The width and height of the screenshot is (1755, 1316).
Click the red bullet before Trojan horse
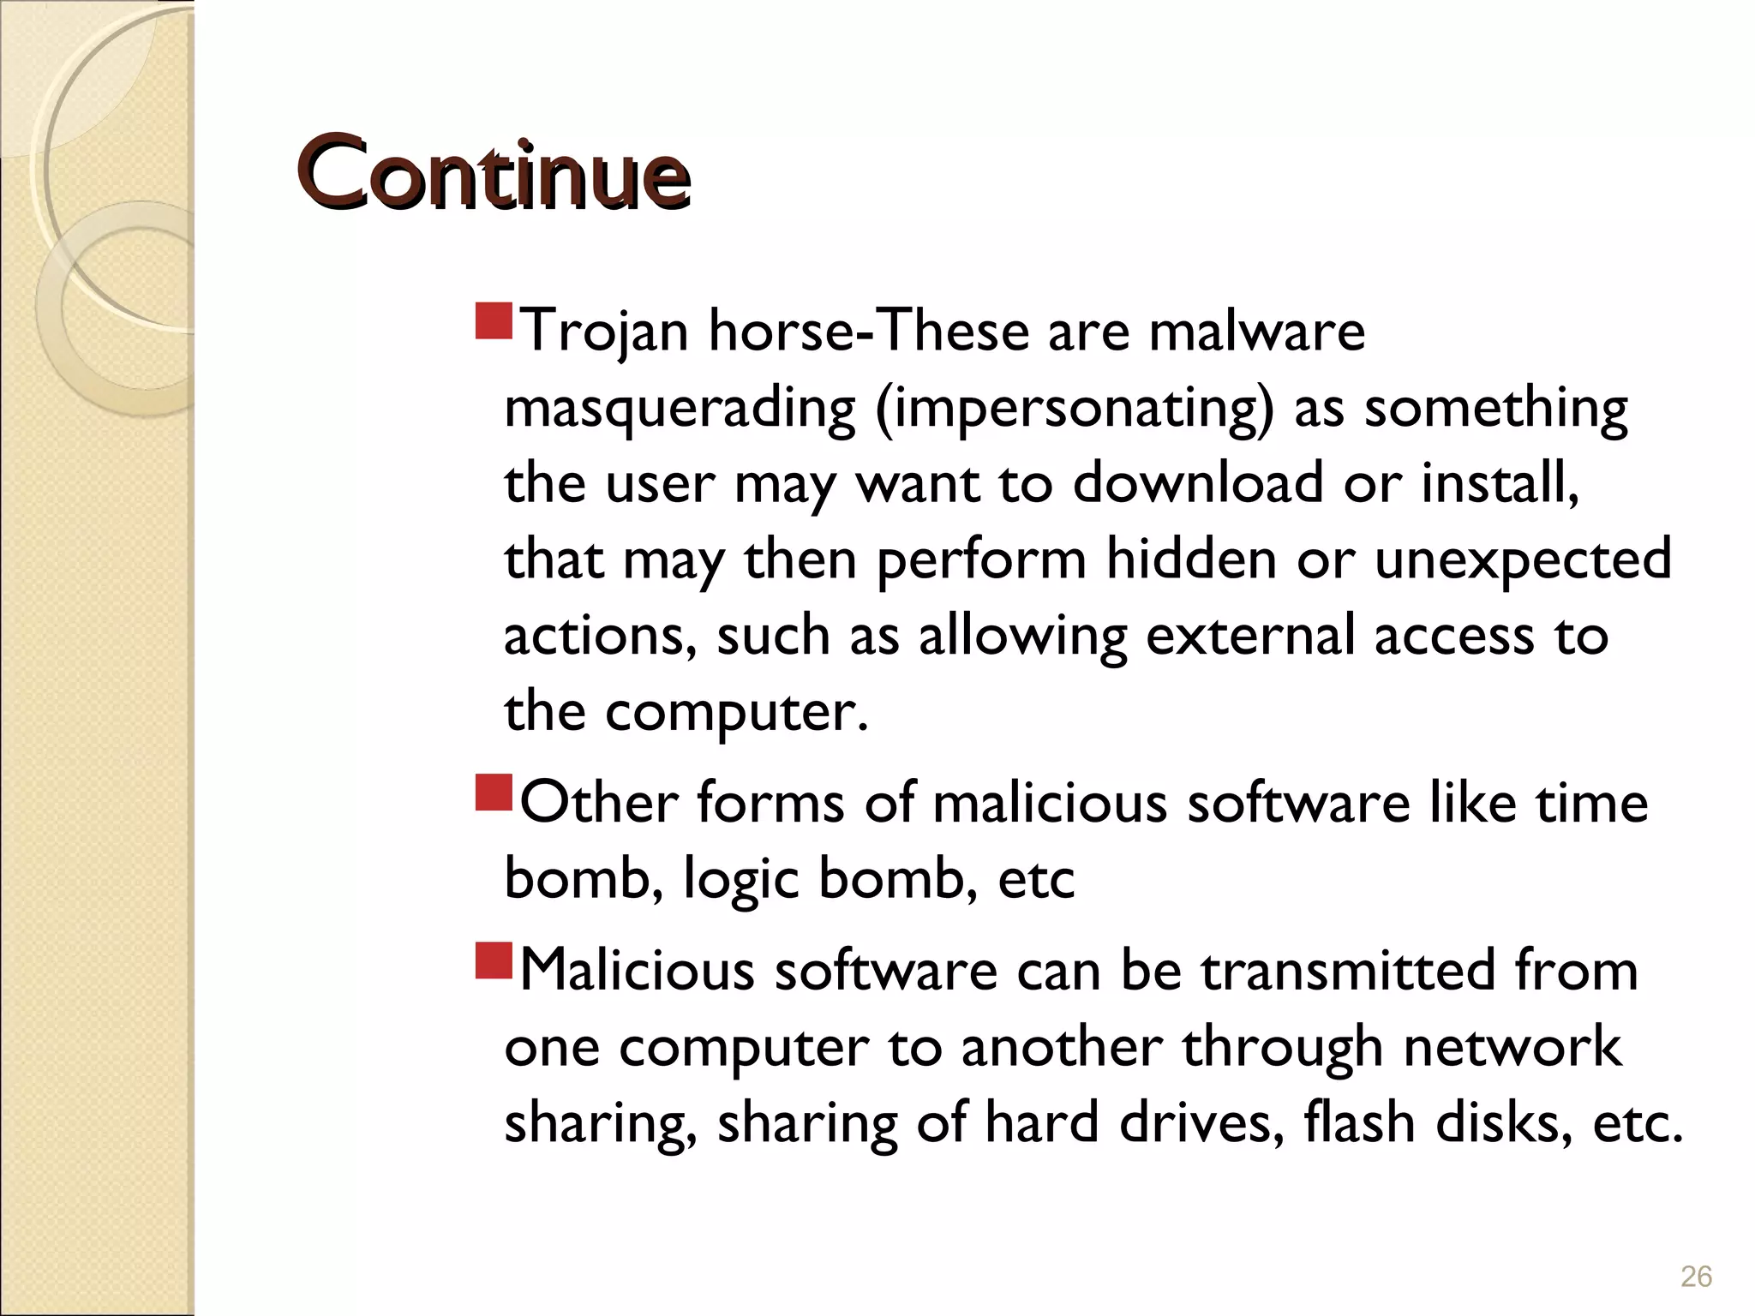[493, 320]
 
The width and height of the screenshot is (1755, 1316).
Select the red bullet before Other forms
[493, 793]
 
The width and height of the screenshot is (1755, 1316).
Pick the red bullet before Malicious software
[493, 960]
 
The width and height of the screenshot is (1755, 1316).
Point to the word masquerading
[680, 408]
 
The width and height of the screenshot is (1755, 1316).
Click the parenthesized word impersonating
[1075, 408]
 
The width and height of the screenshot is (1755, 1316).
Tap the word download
[1198, 483]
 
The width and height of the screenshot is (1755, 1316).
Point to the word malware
[1256, 332]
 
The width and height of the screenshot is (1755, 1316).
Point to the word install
[1500, 483]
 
